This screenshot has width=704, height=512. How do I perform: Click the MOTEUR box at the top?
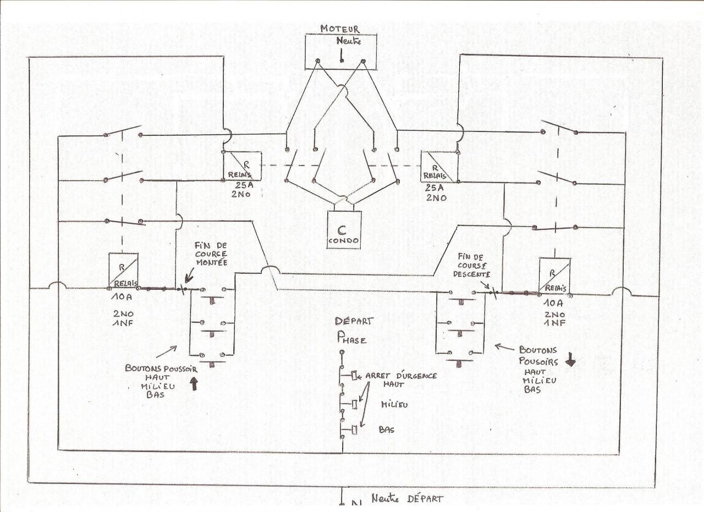coord(341,51)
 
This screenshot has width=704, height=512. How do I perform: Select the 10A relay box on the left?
coord(123,270)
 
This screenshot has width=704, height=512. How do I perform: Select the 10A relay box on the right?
coord(554,275)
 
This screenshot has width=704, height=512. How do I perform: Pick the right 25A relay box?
coord(439,167)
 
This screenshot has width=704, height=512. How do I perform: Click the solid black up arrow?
coord(194,383)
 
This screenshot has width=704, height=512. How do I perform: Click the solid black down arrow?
coord(571,360)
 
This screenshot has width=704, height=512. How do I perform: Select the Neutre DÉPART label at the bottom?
coord(406,498)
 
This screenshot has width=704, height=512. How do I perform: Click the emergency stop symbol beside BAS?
coord(355,430)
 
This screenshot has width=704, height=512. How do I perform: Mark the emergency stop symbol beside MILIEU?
coord(355,405)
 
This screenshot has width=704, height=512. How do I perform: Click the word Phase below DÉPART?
coord(352,340)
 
